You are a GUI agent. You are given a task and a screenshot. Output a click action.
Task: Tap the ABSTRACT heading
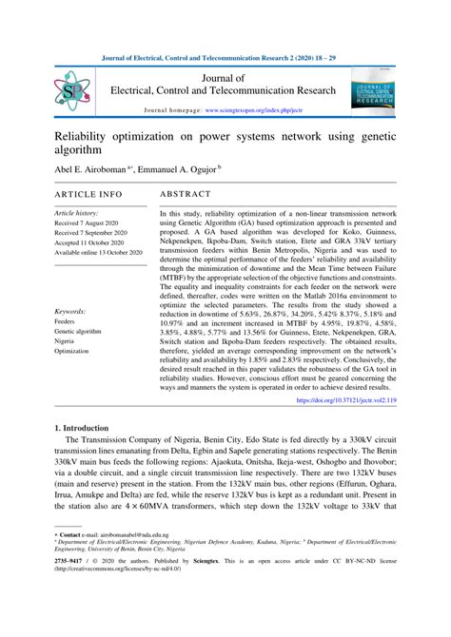[186, 193]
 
